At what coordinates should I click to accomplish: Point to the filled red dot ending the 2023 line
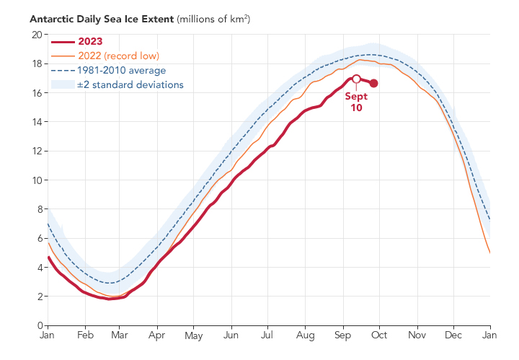373,84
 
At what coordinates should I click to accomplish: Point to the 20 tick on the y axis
35,35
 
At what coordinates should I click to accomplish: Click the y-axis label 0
38,325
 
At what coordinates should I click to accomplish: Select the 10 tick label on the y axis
35,180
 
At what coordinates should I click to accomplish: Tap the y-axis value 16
35,93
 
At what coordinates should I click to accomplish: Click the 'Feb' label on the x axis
84,335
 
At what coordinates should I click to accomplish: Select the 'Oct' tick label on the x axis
379,335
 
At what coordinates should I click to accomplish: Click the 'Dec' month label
453,335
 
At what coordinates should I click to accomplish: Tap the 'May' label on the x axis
194,335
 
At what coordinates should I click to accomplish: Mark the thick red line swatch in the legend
61,42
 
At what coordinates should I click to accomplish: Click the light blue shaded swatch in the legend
61,84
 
